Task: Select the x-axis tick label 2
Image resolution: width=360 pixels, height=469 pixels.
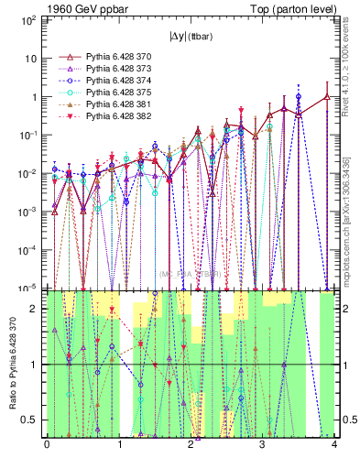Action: [x=191, y=446]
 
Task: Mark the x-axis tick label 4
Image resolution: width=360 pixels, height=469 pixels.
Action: [x=335, y=446]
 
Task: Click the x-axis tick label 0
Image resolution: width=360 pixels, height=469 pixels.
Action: [x=47, y=446]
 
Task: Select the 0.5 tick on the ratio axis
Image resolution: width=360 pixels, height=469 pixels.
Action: [x=34, y=420]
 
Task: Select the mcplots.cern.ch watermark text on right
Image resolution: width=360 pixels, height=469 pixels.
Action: [x=352, y=220]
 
